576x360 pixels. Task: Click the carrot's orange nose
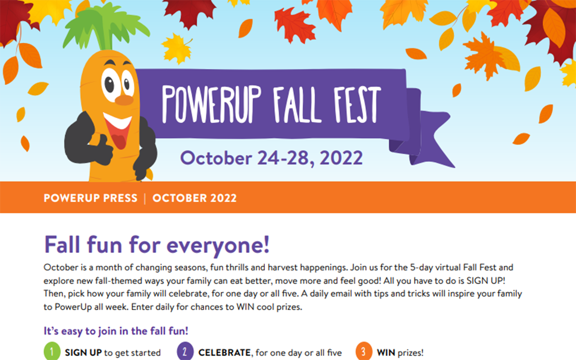pos(124,100)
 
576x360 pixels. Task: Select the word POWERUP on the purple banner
pos(211,104)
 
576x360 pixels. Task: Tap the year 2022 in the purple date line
pos(341,158)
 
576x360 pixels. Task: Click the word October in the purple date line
pos(216,158)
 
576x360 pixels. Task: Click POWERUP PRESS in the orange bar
pos(90,198)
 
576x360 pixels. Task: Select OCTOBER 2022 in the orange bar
pos(194,198)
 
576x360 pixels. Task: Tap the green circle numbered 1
pos(52,351)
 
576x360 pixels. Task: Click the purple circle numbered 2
pos(185,351)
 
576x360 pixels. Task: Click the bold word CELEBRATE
pos(225,352)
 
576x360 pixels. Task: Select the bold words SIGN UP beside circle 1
pos(83,352)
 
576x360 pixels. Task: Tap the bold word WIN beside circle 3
pos(386,352)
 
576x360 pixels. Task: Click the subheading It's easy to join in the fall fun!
pos(116,331)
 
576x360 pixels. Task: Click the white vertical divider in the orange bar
pos(145,198)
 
